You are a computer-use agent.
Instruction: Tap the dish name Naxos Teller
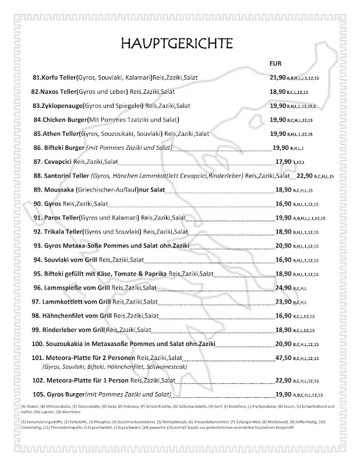61,91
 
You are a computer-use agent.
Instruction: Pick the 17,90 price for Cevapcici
283,162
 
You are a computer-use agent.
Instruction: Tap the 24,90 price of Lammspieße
283,287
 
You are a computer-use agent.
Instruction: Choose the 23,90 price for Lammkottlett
283,302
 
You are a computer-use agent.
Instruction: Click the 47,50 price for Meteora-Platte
283,358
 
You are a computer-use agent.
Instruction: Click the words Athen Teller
62,133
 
